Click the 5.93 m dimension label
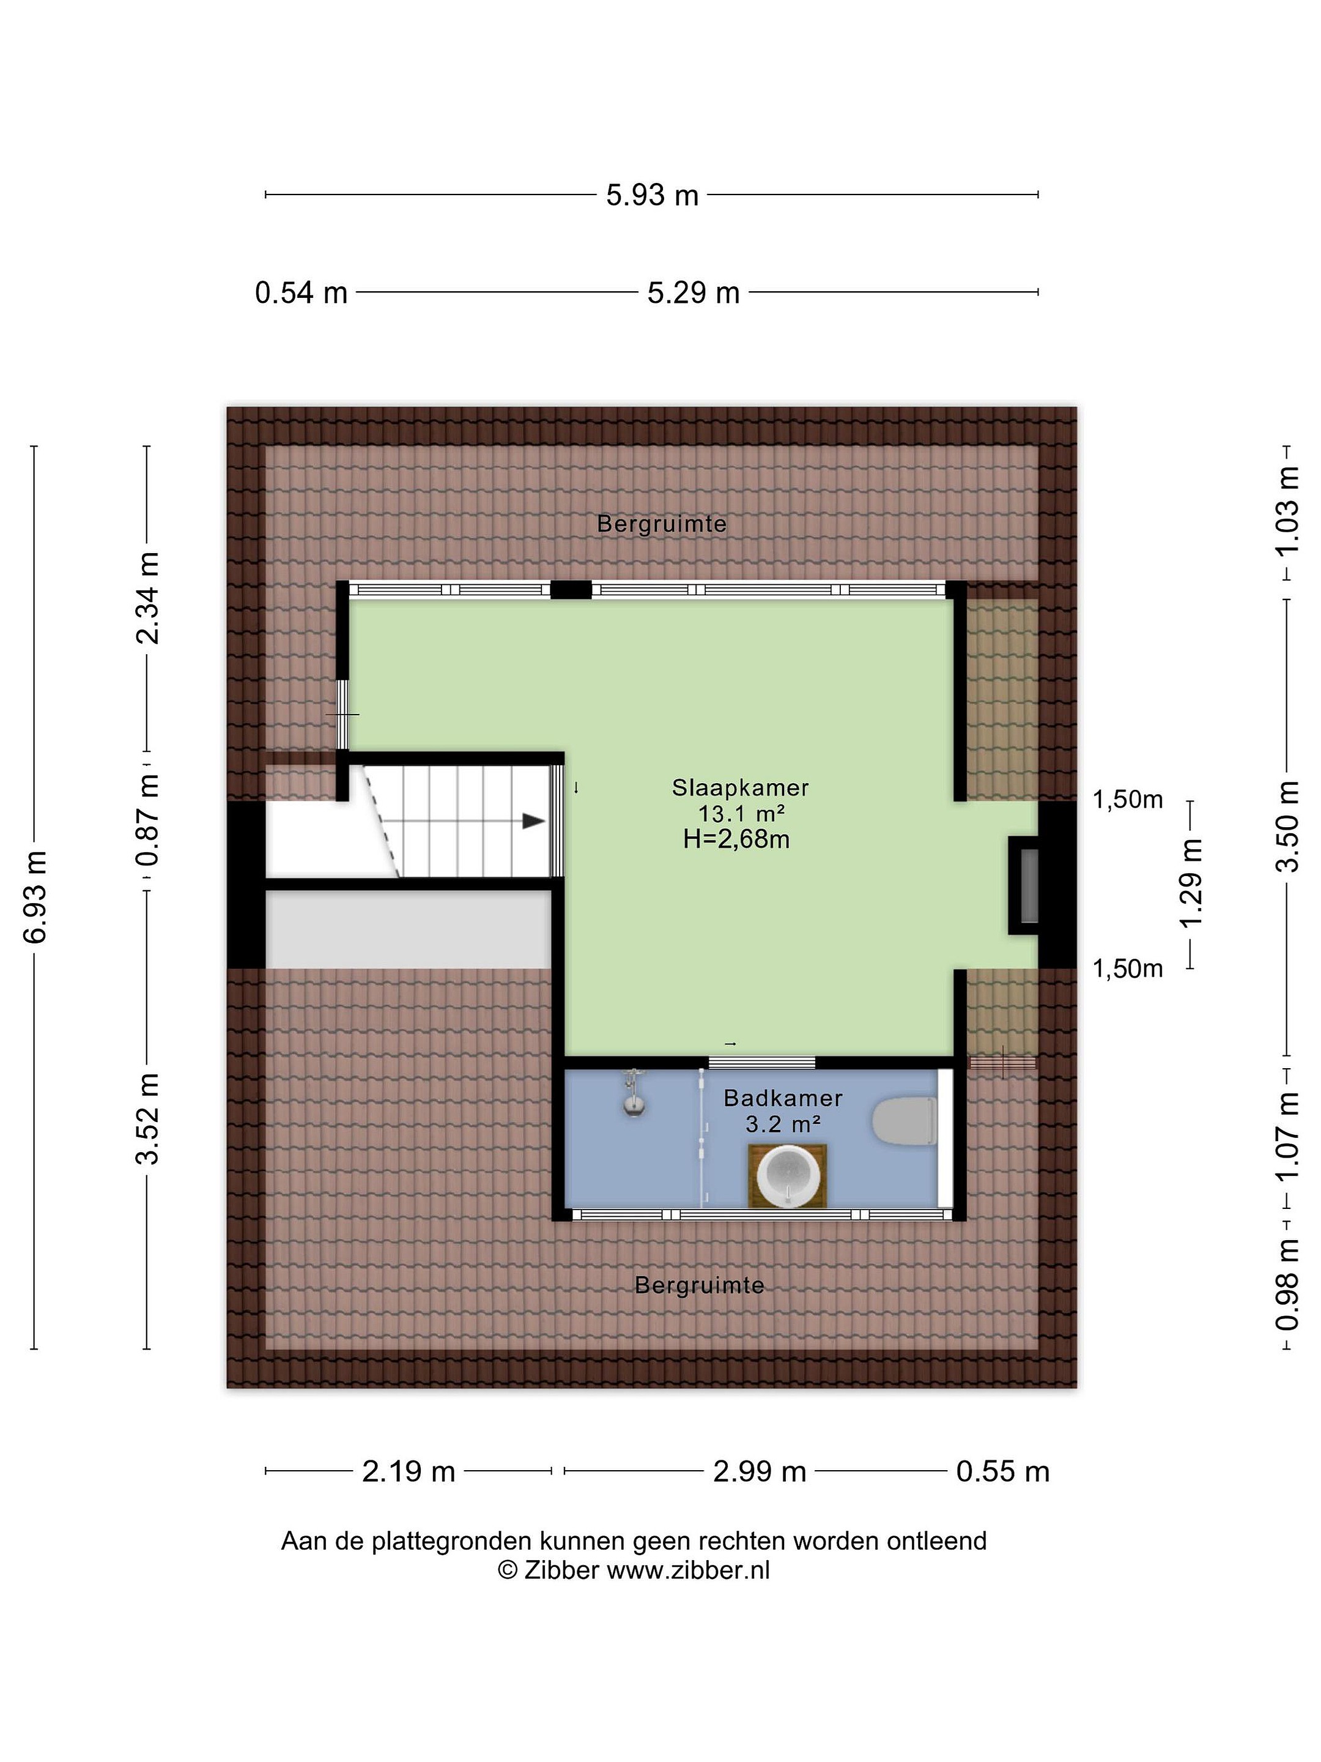tap(651, 195)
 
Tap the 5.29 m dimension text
tap(693, 293)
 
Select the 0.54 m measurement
tap(301, 293)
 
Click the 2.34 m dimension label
tap(148, 597)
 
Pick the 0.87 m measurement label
tap(148, 820)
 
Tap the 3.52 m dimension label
tap(148, 1118)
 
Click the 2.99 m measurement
tap(759, 1472)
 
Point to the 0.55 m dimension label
tap(1002, 1472)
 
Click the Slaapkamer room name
tap(740, 788)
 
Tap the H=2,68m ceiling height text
tap(736, 839)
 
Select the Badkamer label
tap(783, 1098)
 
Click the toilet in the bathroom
tap(905, 1121)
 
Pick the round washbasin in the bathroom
tap(788, 1176)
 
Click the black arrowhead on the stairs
tap(533, 821)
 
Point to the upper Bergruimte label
tap(662, 524)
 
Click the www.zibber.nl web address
tap(688, 1571)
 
